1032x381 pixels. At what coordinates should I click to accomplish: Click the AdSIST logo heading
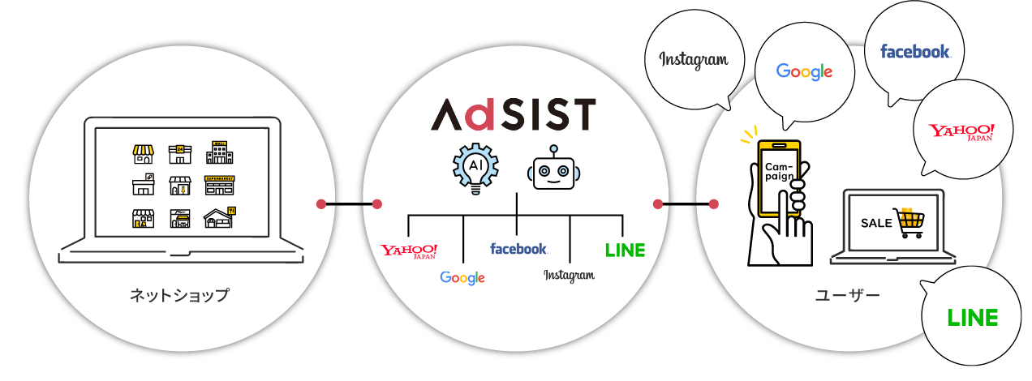click(513, 115)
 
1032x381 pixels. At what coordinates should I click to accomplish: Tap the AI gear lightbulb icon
click(475, 168)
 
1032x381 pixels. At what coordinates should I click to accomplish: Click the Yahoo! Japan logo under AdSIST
click(410, 250)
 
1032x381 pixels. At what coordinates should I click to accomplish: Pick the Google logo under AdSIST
click(462, 278)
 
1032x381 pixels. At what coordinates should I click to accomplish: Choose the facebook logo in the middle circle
click(518, 249)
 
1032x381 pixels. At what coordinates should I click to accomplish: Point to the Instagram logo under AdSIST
click(569, 276)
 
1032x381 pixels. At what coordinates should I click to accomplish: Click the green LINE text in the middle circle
click(625, 250)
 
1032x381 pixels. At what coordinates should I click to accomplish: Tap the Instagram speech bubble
click(693, 61)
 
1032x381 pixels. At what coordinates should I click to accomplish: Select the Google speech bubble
click(804, 71)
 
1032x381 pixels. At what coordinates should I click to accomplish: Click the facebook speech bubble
click(915, 52)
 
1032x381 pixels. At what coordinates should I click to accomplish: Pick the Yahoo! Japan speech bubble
click(961, 133)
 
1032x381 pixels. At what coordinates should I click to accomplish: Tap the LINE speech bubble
click(973, 318)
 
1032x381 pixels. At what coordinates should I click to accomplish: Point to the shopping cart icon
click(909, 222)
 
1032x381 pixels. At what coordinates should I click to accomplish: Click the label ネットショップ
click(179, 296)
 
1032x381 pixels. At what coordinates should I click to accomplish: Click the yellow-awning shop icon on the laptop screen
click(143, 153)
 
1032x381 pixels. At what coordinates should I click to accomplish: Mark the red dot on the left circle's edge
click(321, 203)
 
